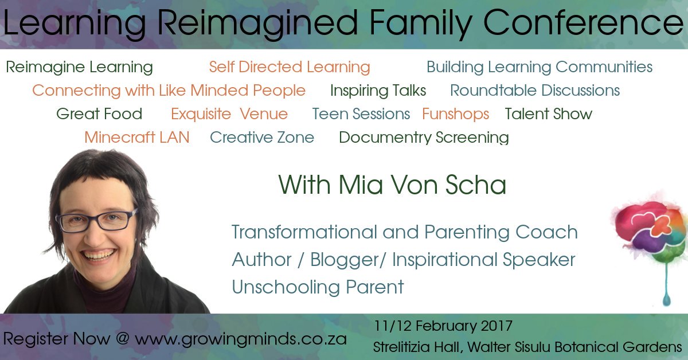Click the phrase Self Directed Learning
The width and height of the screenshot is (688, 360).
(289, 67)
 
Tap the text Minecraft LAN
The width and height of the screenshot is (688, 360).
(136, 138)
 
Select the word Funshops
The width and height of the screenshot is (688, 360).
(455, 114)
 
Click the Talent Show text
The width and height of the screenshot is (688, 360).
(548, 114)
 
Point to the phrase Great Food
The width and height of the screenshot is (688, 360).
(99, 114)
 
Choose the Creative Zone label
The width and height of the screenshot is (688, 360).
(262, 138)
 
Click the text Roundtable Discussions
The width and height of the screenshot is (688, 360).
(534, 91)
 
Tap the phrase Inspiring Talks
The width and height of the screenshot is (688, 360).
(378, 91)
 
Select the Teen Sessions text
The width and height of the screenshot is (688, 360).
(361, 114)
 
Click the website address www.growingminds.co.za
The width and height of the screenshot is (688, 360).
(241, 338)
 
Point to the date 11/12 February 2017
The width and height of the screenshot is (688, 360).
(443, 327)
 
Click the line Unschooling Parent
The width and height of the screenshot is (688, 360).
(318, 287)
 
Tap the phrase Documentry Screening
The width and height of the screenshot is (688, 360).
(424, 138)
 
